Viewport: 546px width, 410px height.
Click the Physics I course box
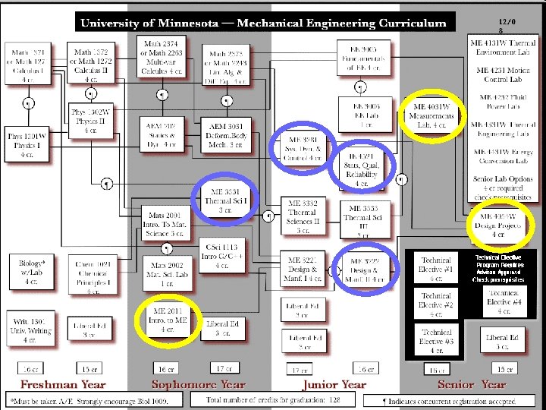(27, 145)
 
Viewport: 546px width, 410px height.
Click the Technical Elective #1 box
(437, 269)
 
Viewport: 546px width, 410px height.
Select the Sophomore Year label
(199, 384)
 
